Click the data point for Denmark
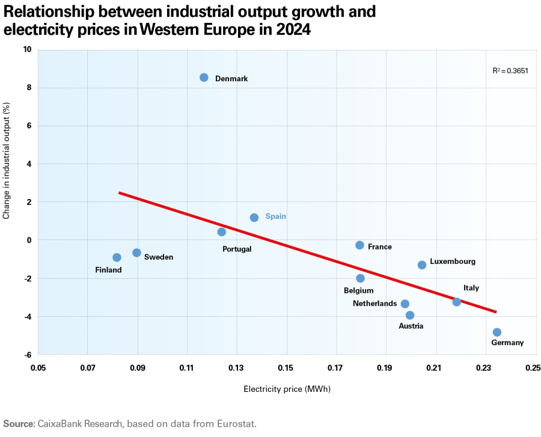pyautogui.click(x=204, y=78)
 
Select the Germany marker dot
pyautogui.click(x=497, y=332)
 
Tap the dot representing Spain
pyautogui.click(x=254, y=218)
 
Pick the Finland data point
pyautogui.click(x=117, y=257)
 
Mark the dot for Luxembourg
pyautogui.click(x=422, y=265)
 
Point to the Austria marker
pyautogui.click(x=410, y=315)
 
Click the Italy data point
pyautogui.click(x=457, y=302)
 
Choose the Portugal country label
pyautogui.click(x=237, y=249)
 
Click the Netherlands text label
pyautogui.click(x=375, y=304)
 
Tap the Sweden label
pyautogui.click(x=159, y=257)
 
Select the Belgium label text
pyautogui.click(x=358, y=291)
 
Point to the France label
pyautogui.click(x=380, y=247)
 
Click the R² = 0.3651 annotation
pyautogui.click(x=510, y=71)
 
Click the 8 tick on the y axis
pyautogui.click(x=28, y=88)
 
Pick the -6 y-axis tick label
pyautogui.click(x=27, y=355)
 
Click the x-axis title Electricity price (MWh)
pyautogui.click(x=287, y=390)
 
